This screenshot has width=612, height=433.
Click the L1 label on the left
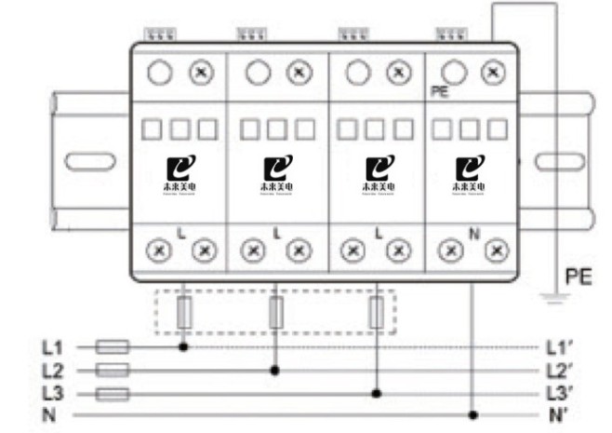51,347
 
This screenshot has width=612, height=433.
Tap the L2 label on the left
51,370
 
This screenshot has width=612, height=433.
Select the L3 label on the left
51,393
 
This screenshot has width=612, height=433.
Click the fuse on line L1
113,347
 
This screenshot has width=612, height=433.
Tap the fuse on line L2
113,370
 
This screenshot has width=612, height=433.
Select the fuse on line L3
113,393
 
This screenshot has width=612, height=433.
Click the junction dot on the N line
474,414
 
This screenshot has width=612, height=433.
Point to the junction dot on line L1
184,347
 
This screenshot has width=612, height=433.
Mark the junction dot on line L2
275,370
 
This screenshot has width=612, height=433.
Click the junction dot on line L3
377,393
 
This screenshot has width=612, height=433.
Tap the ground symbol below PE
555,298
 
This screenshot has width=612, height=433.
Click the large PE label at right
579,277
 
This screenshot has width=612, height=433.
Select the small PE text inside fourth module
440,92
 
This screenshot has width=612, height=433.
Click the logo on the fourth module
465,170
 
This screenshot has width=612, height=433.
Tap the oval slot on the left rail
90,161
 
